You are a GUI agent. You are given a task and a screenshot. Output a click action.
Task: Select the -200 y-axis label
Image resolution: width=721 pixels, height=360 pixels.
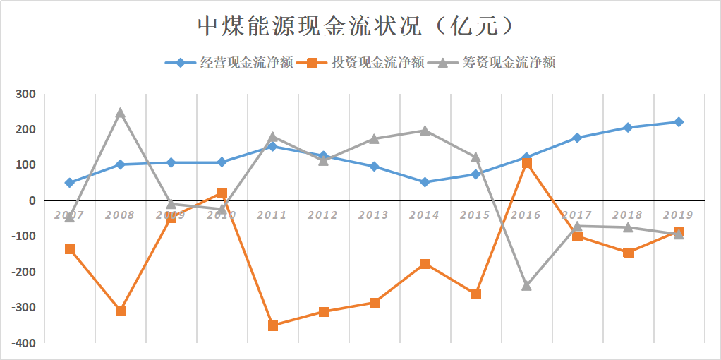tap(23, 272)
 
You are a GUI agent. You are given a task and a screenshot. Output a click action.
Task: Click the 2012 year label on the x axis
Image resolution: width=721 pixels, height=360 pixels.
tap(323, 215)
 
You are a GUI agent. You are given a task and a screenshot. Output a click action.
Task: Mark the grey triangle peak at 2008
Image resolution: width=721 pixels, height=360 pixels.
tap(120, 113)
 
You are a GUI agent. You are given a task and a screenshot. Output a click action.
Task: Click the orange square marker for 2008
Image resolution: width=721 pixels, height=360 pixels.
tap(121, 311)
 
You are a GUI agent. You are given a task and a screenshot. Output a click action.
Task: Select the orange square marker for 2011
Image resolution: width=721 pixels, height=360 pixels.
tap(273, 325)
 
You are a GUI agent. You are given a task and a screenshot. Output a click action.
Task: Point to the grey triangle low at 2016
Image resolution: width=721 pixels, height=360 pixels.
tap(526, 285)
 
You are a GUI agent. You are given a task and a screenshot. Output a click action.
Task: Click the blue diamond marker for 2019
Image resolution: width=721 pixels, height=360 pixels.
tap(679, 122)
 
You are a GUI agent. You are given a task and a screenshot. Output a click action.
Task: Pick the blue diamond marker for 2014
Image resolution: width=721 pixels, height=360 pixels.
tap(425, 182)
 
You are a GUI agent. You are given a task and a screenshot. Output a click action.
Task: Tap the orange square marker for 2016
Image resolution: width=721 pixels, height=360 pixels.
tap(526, 163)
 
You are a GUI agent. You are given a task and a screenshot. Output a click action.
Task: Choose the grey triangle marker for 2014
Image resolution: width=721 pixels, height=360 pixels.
tap(425, 131)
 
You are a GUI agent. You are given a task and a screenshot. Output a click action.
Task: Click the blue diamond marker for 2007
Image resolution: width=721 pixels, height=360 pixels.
tap(69, 183)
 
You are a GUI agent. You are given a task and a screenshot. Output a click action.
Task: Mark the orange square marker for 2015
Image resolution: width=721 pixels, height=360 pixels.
tap(476, 294)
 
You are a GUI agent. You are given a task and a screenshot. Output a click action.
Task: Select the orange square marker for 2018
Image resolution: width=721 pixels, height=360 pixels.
tap(628, 252)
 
